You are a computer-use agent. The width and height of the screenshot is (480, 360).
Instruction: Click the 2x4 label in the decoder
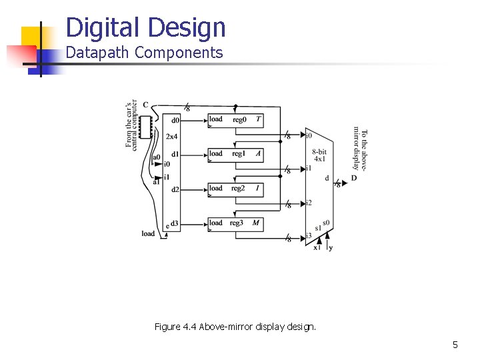[x=172, y=137]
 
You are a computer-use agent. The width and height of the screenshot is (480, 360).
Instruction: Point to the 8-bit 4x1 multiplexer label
[x=319, y=155]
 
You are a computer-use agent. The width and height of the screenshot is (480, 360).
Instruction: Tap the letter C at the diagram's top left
[x=145, y=105]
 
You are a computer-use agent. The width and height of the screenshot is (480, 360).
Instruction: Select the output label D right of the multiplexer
[x=354, y=178]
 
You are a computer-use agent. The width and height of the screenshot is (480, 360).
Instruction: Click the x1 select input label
[x=317, y=248]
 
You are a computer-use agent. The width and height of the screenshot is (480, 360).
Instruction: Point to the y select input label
[x=331, y=248]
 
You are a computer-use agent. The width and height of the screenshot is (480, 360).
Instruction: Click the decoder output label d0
[x=175, y=121]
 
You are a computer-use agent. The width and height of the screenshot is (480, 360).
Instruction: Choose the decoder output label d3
[x=175, y=223]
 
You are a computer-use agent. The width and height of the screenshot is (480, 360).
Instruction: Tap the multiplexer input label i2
[x=309, y=203]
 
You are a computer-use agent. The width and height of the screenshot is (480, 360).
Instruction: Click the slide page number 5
[x=455, y=345]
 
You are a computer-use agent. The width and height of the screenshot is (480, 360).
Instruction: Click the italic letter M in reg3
[x=255, y=223]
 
